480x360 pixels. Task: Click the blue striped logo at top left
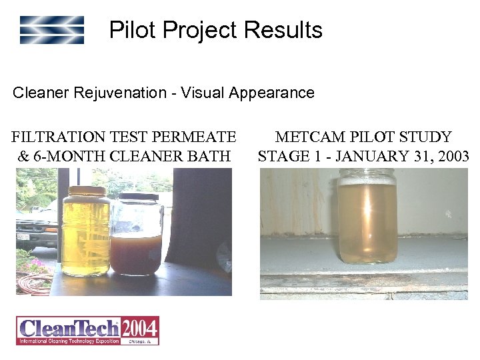52,30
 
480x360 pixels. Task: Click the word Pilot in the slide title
131,30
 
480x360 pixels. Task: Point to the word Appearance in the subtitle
271,93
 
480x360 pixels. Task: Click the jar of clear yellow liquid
86,233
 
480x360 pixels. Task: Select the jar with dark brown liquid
136,243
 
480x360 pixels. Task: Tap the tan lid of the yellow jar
86,191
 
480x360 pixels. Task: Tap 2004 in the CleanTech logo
140,327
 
